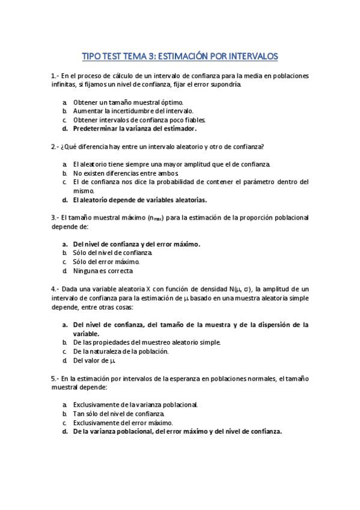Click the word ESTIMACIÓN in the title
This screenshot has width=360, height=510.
pyautogui.click(x=182, y=57)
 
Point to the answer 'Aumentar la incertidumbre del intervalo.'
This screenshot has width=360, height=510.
pyautogui.click(x=133, y=111)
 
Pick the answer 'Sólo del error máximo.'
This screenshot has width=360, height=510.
pyautogui.click(x=106, y=262)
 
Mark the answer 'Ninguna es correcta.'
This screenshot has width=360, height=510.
pyautogui.click(x=103, y=271)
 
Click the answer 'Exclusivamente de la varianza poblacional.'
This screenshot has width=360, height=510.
pyautogui.click(x=135, y=405)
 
